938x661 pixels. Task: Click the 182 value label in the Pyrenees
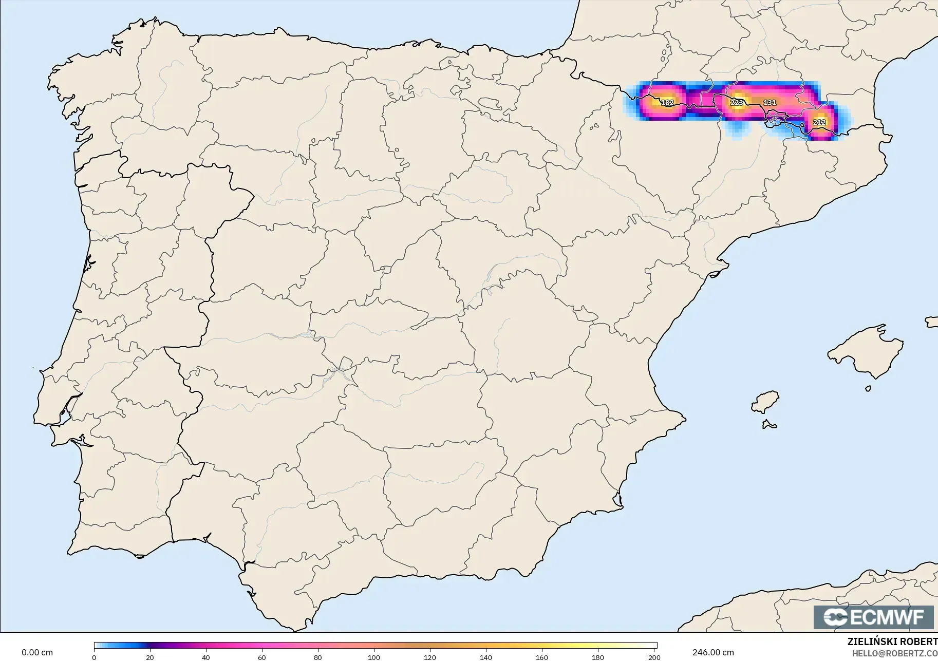(667, 103)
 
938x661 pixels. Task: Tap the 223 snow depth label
(737, 103)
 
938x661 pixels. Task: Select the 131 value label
(770, 103)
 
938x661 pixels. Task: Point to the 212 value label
(819, 122)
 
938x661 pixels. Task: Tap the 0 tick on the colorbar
(94, 657)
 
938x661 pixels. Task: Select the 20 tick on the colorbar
(150, 657)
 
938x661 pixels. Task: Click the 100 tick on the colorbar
(374, 657)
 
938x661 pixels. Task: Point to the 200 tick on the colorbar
(654, 657)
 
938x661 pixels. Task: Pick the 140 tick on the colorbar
(486, 657)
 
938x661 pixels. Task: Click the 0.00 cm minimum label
(37, 652)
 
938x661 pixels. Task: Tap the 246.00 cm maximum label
(713, 652)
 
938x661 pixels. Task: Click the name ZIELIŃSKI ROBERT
(892, 642)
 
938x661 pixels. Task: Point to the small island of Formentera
(769, 425)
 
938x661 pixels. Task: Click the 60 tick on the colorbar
(262, 657)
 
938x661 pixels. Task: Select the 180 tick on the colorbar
(598, 657)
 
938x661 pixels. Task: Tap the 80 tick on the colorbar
(318, 657)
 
